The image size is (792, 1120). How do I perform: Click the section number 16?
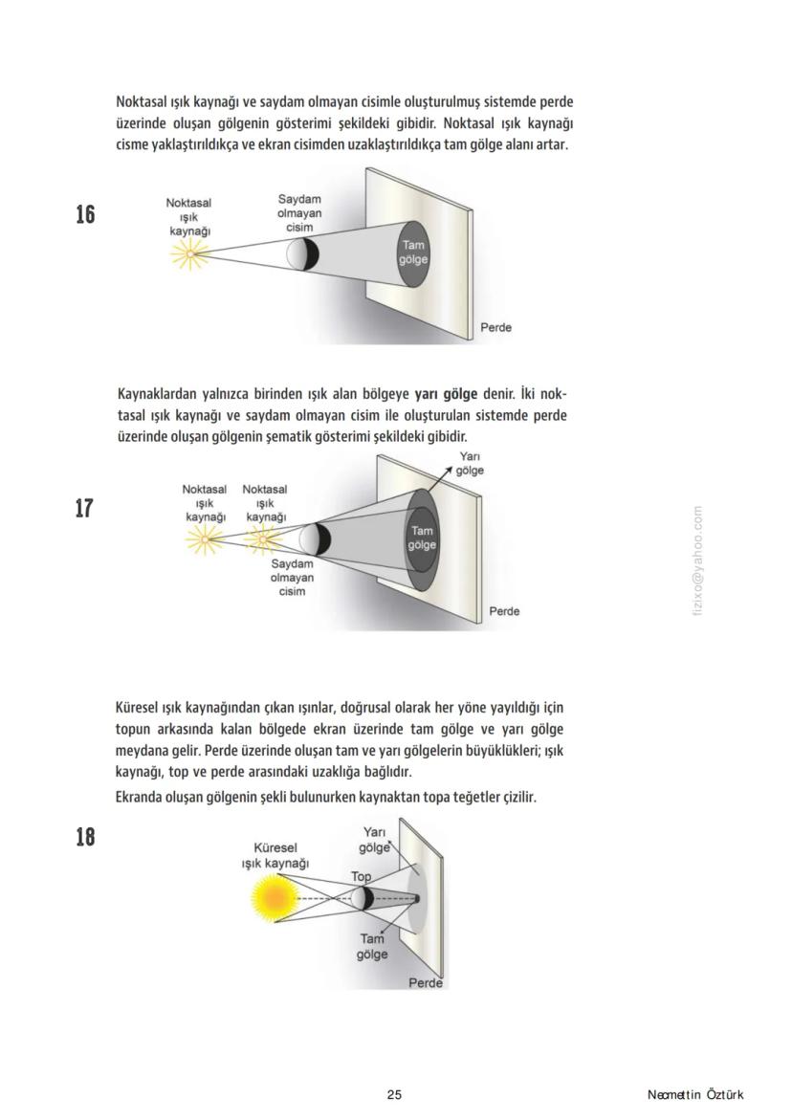(85, 214)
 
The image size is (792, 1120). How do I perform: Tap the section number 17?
(85, 508)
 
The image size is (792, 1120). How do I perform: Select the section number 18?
(85, 837)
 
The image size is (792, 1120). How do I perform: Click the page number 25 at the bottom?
(394, 1094)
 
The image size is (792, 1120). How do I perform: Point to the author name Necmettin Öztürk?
(694, 1094)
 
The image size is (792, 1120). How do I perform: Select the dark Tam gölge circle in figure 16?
(414, 253)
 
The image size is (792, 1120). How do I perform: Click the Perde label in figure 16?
(495, 328)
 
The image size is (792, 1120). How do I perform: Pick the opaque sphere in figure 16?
(301, 253)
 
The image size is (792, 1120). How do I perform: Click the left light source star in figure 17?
(203, 540)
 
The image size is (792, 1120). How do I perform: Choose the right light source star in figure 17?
(261, 540)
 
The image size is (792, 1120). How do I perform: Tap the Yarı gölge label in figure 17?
(469, 464)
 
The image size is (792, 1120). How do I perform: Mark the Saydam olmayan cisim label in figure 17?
(292, 578)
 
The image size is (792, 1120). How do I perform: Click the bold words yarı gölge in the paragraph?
(446, 393)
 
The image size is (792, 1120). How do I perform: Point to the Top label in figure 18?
(361, 876)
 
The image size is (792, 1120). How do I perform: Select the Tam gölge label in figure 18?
(373, 947)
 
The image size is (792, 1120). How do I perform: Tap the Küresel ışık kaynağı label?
(275, 855)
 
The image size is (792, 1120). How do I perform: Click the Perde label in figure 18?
(426, 982)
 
